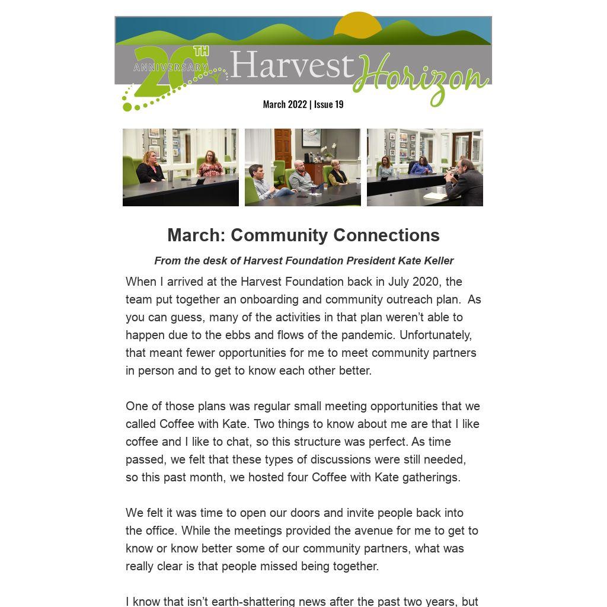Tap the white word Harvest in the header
click(x=291, y=65)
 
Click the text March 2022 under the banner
click(x=285, y=104)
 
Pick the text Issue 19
click(x=328, y=104)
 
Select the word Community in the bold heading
click(x=279, y=235)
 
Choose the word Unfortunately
click(x=436, y=335)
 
